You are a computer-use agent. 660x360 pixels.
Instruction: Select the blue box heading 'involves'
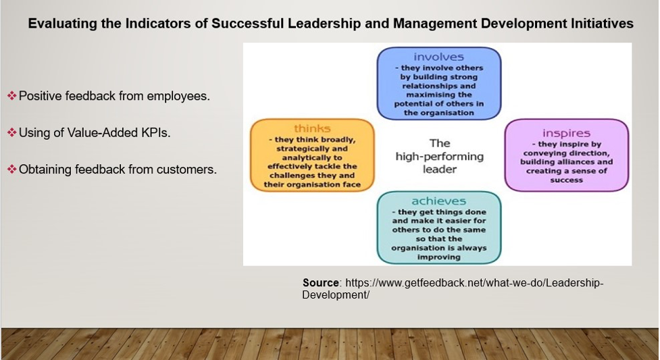click(438, 57)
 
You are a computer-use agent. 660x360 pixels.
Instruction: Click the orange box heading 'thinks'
click(312, 128)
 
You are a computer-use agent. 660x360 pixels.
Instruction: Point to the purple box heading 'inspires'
click(566, 134)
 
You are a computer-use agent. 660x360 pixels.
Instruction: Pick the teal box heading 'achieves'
click(438, 201)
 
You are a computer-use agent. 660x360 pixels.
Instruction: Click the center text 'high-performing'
click(440, 157)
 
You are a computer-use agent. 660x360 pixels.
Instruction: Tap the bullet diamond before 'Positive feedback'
click(11, 96)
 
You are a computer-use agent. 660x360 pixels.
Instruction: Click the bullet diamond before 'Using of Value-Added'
click(11, 132)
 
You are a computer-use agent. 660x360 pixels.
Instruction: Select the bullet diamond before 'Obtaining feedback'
click(11, 170)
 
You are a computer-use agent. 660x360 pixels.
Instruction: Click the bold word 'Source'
click(321, 283)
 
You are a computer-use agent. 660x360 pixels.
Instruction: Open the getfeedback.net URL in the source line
click(453, 289)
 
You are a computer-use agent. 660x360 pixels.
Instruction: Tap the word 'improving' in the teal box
click(438, 257)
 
